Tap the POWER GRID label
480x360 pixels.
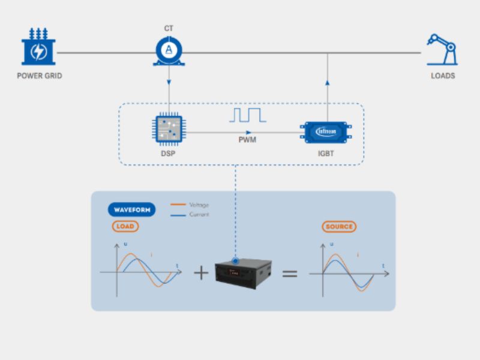(x=40, y=76)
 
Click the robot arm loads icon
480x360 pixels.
(x=442, y=50)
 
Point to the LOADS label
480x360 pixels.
(x=443, y=76)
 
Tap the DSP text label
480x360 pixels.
(x=169, y=154)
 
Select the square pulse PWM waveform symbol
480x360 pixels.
(x=247, y=115)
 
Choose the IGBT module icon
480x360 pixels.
(x=328, y=131)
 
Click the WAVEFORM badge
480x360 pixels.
(x=131, y=209)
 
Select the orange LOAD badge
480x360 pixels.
(x=125, y=227)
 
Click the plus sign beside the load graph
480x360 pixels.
(x=201, y=273)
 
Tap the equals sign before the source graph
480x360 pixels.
(x=290, y=273)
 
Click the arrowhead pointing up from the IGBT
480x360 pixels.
(x=328, y=83)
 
